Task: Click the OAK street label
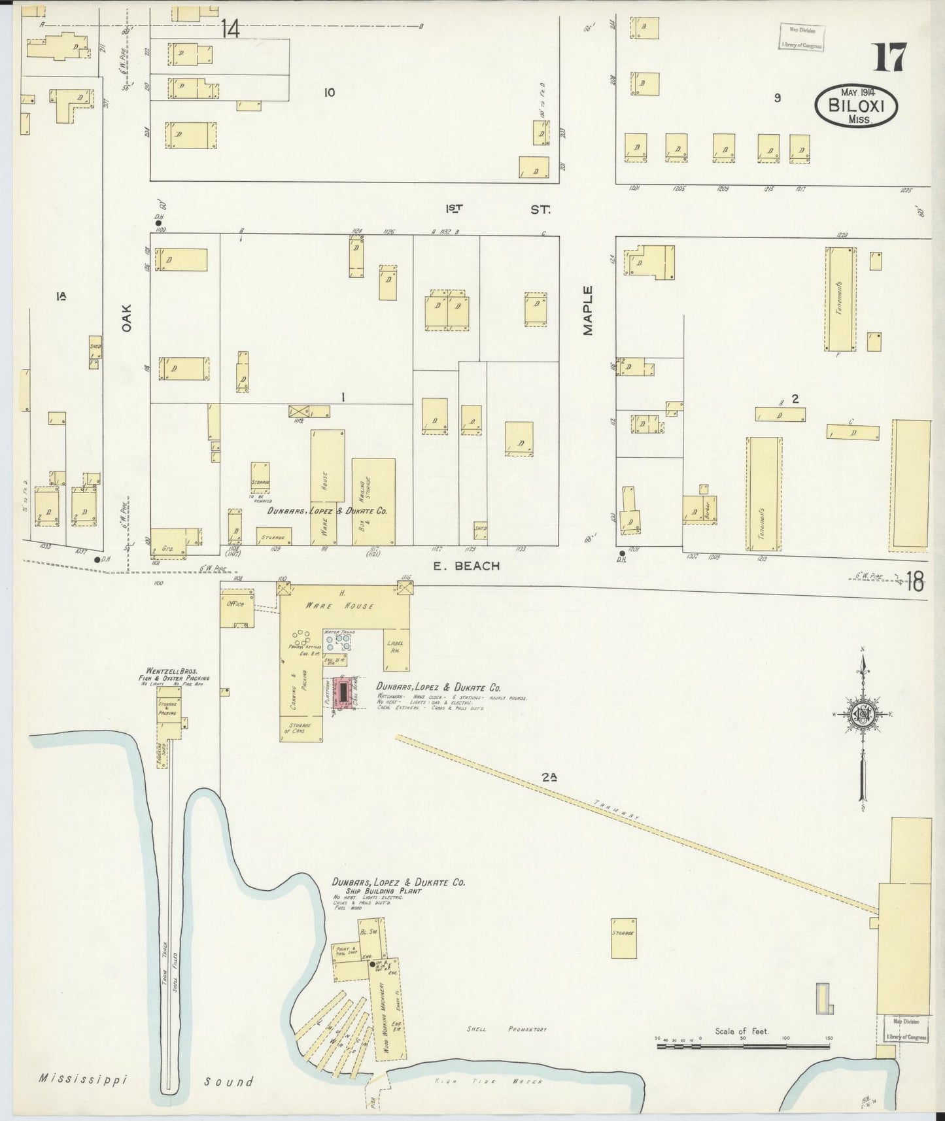tap(126, 317)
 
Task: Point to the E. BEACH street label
tap(466, 566)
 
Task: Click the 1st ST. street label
tap(497, 209)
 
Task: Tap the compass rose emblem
tap(863, 715)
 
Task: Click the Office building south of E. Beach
tap(235, 605)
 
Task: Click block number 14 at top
tap(230, 29)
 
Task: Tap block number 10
tap(329, 93)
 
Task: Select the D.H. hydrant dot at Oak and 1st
tap(158, 223)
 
